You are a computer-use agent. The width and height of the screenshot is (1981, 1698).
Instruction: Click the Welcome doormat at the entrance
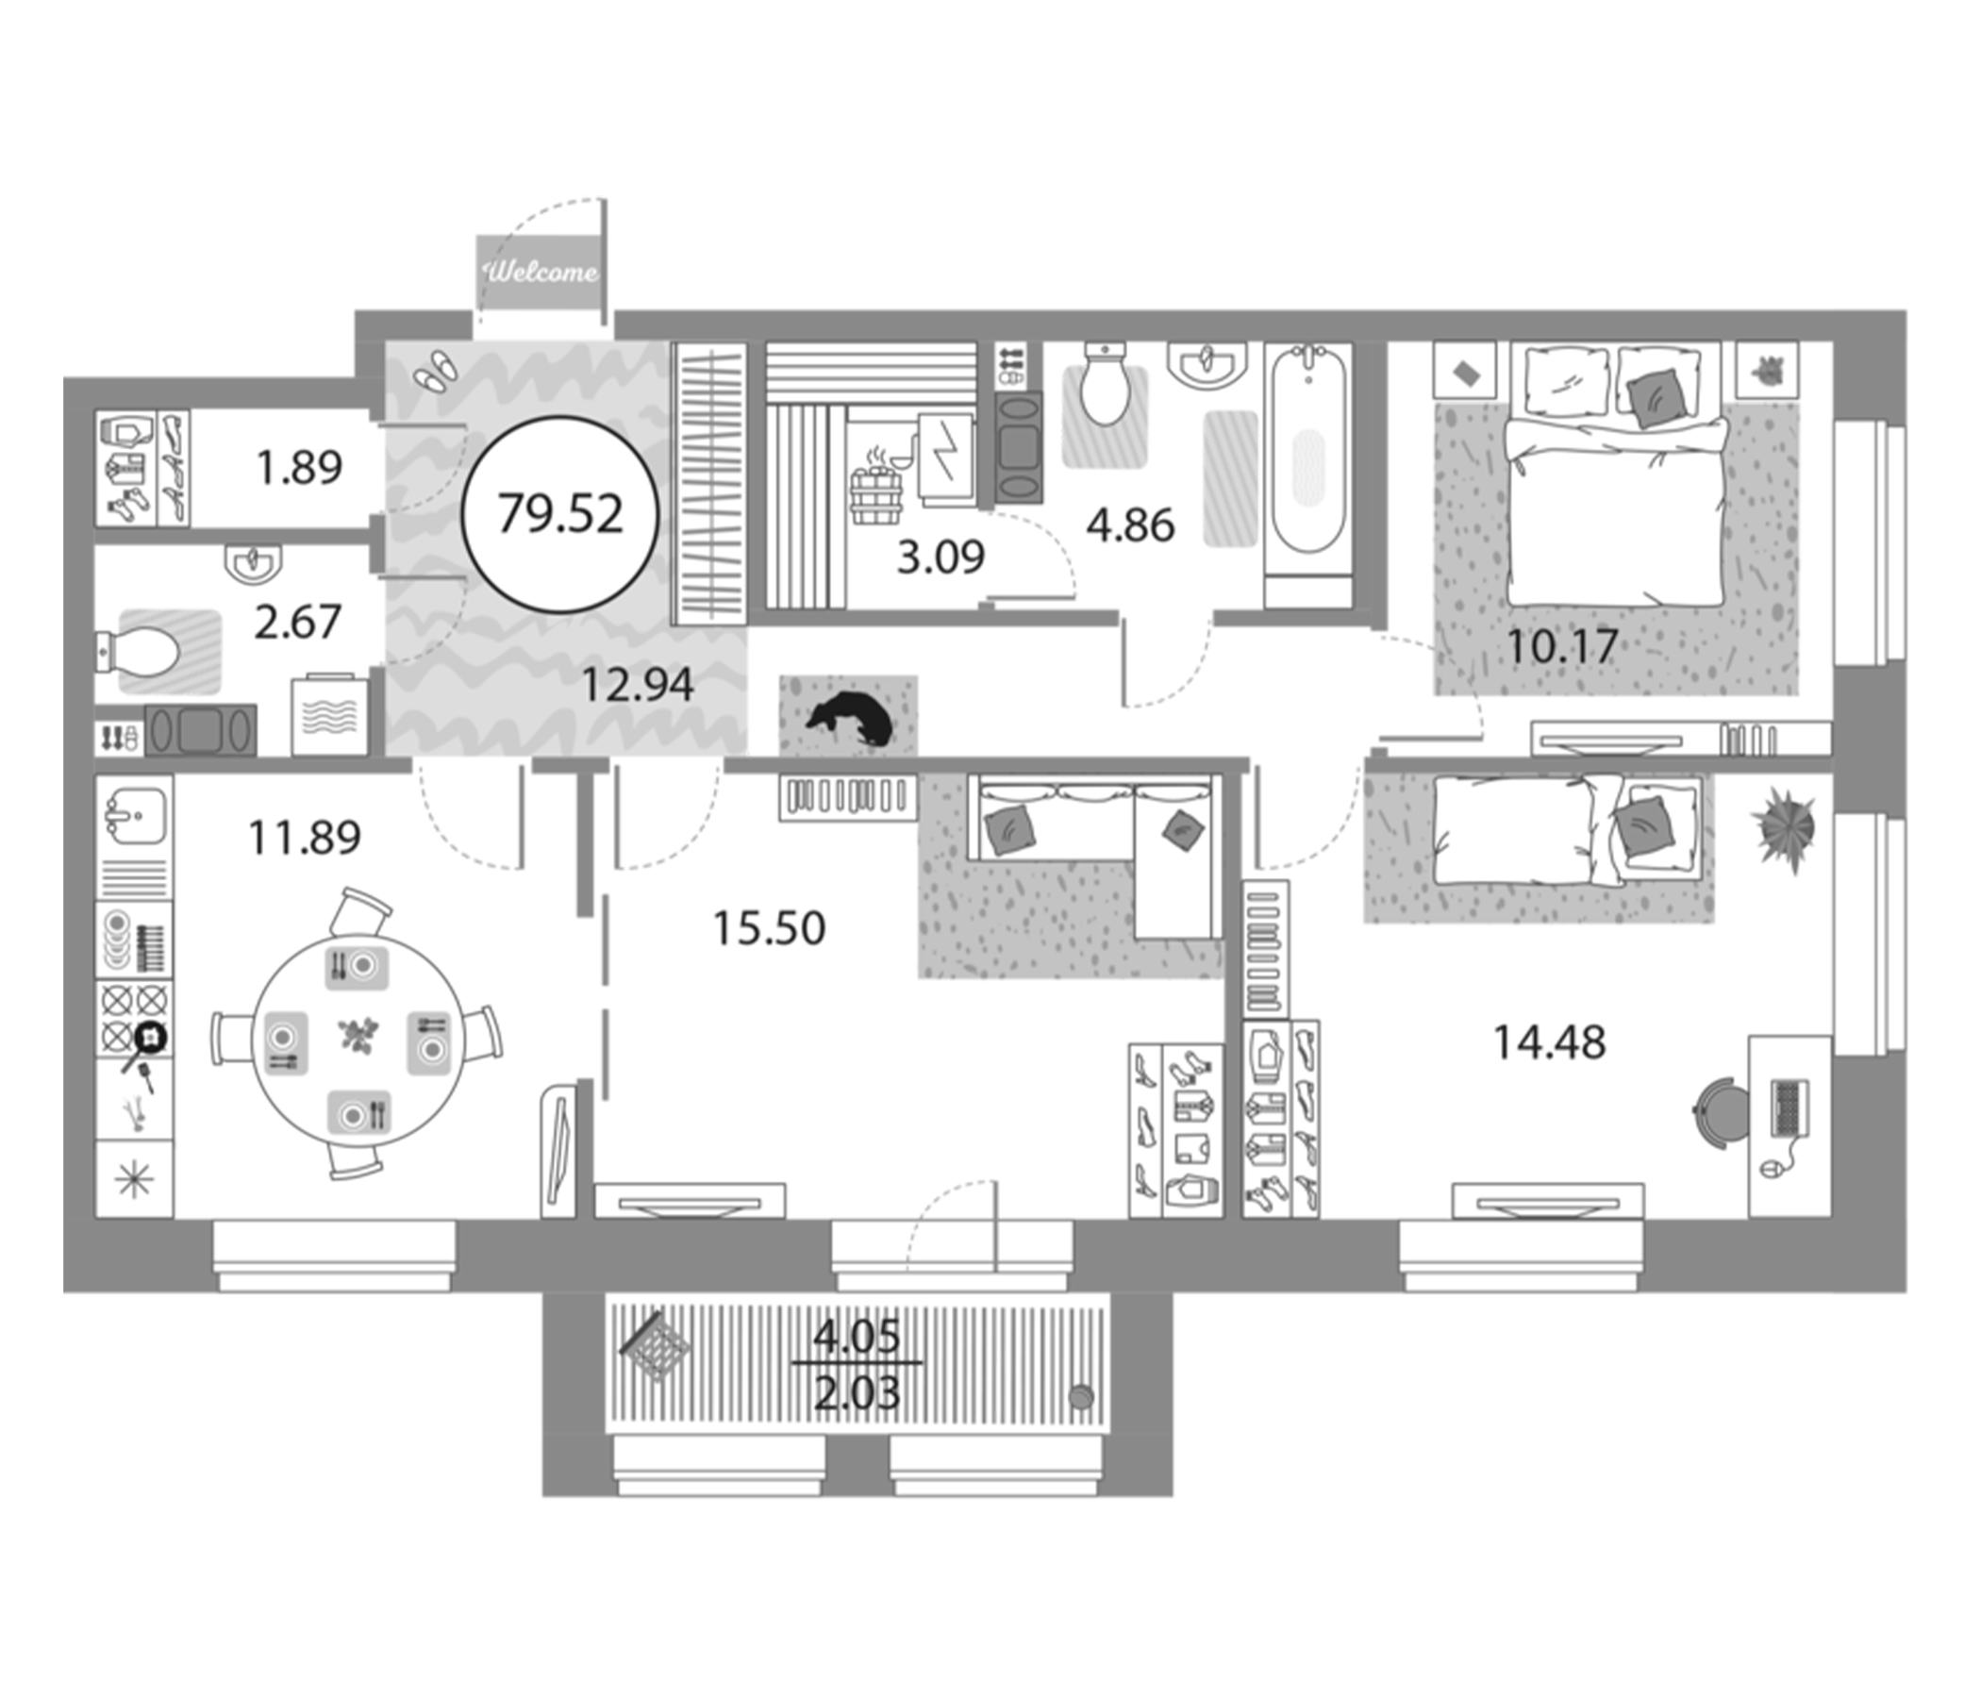(x=541, y=273)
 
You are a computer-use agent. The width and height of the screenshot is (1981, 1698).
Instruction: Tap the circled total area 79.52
(x=560, y=514)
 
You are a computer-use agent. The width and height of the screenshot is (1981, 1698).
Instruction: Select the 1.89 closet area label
(x=299, y=468)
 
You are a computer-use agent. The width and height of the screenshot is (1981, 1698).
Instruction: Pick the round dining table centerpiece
(x=359, y=1037)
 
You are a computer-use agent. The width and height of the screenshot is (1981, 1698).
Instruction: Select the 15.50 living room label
(x=769, y=928)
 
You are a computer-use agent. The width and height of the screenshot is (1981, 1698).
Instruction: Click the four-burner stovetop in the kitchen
(x=135, y=1018)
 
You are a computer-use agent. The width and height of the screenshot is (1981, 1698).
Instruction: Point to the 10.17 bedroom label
(x=1562, y=647)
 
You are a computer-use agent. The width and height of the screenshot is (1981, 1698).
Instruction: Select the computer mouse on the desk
(x=1767, y=1169)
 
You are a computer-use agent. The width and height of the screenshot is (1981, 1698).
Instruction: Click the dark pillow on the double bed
(x=1656, y=397)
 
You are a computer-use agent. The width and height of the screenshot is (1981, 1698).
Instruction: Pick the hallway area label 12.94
(x=637, y=685)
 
